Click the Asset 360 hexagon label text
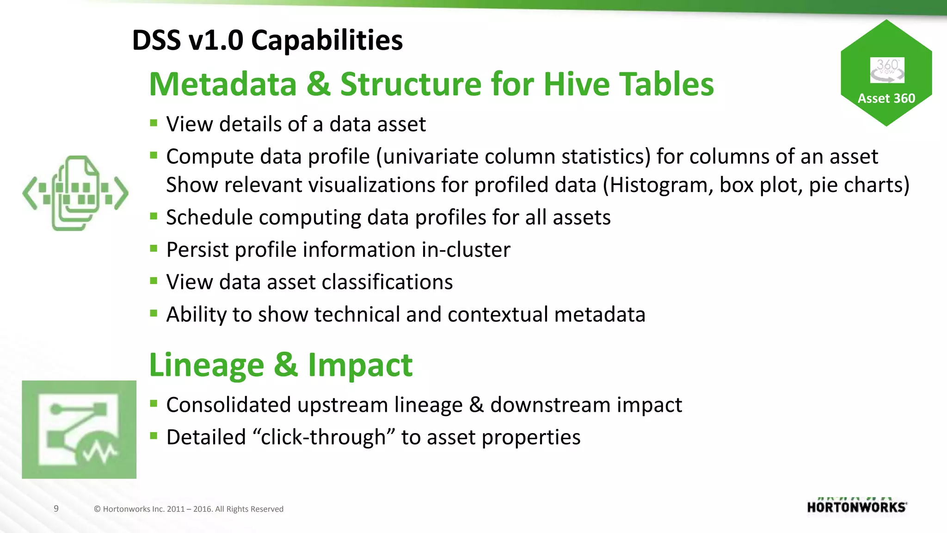(886, 99)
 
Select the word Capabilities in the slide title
(326, 40)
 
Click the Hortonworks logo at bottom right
(857, 507)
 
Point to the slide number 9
(56, 508)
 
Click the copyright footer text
(189, 509)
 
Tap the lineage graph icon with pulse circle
(79, 429)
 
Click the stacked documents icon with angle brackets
(75, 193)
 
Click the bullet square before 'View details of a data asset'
(154, 123)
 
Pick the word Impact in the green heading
(360, 366)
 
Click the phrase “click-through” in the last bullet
(324, 437)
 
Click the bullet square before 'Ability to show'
(154, 313)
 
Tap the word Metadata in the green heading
(222, 85)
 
